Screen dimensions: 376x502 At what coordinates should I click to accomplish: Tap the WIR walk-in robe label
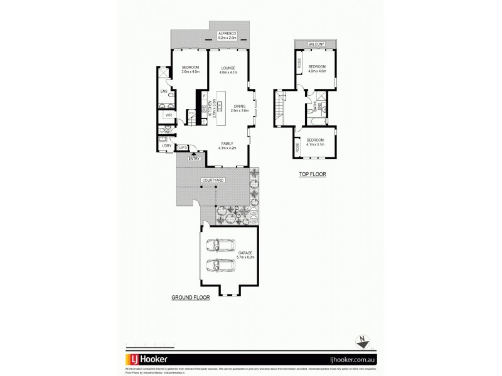(x=168, y=115)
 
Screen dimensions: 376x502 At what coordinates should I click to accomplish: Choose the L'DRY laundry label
(x=166, y=146)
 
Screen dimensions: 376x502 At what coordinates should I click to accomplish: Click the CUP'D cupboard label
(x=182, y=148)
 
